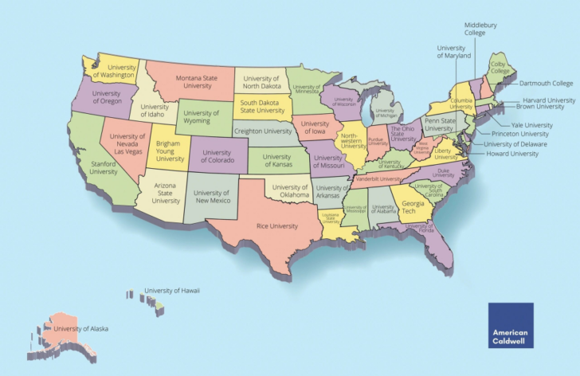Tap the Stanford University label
click(x=104, y=167)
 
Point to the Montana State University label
click(x=188, y=82)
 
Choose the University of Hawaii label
click(x=172, y=291)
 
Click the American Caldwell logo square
click(x=511, y=324)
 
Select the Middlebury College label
click(x=480, y=29)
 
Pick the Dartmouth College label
click(x=547, y=83)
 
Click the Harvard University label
click(x=549, y=100)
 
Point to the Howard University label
click(x=511, y=154)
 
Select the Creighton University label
click(x=263, y=131)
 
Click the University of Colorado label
click(x=217, y=156)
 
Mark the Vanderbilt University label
click(x=378, y=179)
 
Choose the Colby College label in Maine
click(x=500, y=67)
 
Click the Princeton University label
click(x=520, y=134)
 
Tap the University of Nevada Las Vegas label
click(x=127, y=144)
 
